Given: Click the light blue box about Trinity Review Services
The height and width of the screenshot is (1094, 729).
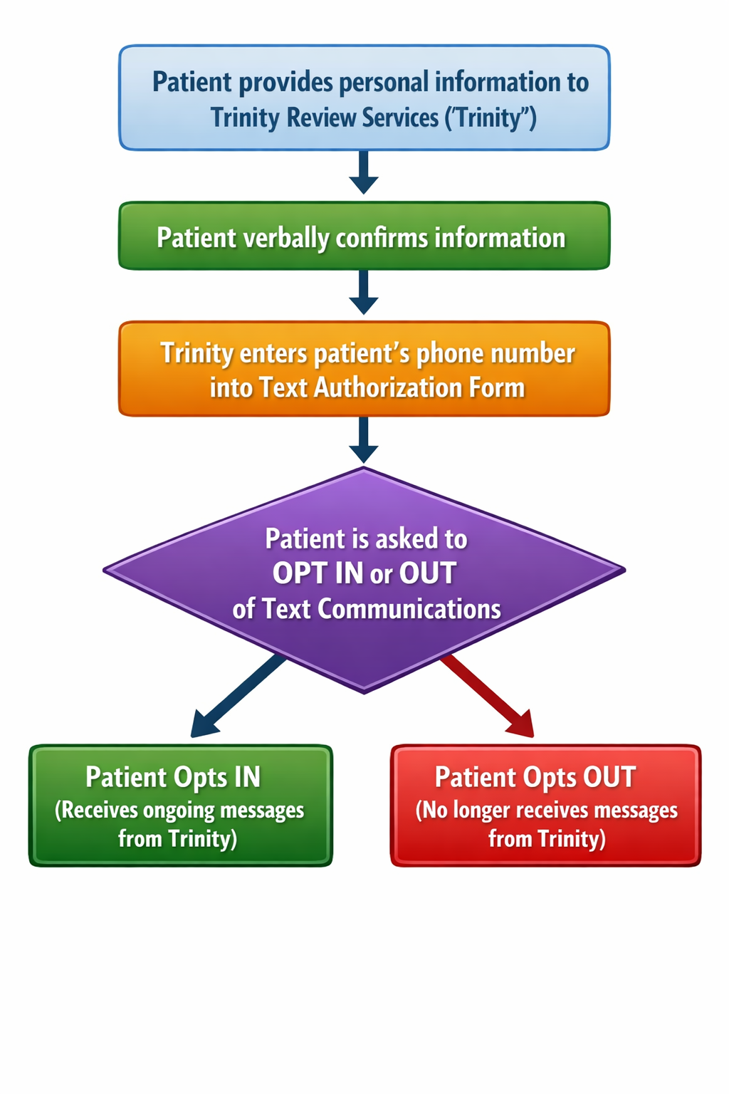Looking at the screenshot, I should click(364, 98).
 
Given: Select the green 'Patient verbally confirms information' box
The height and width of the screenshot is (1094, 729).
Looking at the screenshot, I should click(364, 236).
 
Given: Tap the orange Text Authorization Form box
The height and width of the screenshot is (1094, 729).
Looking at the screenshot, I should click(364, 369).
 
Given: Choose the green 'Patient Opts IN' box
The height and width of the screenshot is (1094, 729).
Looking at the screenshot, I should click(180, 806).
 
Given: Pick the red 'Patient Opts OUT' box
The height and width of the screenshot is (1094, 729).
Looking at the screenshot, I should click(545, 806).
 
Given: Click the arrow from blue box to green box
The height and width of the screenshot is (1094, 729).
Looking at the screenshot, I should click(364, 172).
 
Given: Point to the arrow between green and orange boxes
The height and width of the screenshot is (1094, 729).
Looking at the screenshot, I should click(364, 292).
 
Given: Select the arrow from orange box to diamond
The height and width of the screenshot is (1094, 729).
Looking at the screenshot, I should click(364, 440).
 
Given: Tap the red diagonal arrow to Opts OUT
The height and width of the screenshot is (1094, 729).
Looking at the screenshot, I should click(488, 697).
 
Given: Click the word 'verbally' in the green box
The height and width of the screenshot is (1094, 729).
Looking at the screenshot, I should click(286, 238).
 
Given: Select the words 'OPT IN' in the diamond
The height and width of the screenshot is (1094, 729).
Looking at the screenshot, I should click(318, 573).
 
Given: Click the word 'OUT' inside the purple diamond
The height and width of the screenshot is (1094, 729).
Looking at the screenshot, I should click(427, 573).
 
